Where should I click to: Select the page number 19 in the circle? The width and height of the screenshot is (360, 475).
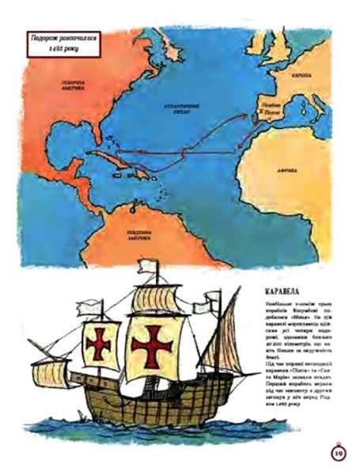coord(336,452)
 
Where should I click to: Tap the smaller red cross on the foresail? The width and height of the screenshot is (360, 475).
coord(100,342)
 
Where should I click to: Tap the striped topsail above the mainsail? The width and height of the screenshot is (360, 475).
coord(157,299)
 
